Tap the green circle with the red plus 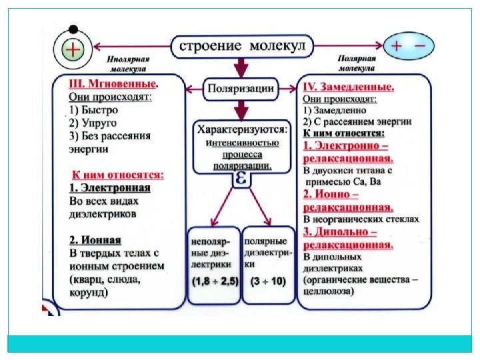(73, 49)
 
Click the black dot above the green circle (73, 29)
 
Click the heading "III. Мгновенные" (114, 85)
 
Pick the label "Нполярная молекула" (128, 63)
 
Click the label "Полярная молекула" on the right (357, 63)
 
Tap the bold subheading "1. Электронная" (110, 188)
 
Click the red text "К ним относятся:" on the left (118, 175)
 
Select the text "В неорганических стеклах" (361, 219)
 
